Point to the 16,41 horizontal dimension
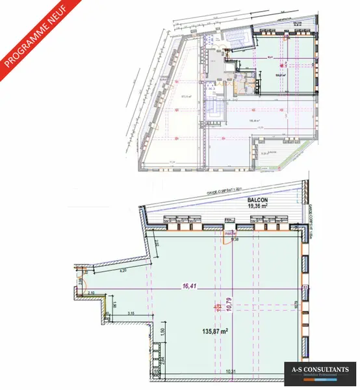[x=190, y=284]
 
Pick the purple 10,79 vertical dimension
[x=227, y=305]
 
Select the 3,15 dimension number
[x=130, y=314]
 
